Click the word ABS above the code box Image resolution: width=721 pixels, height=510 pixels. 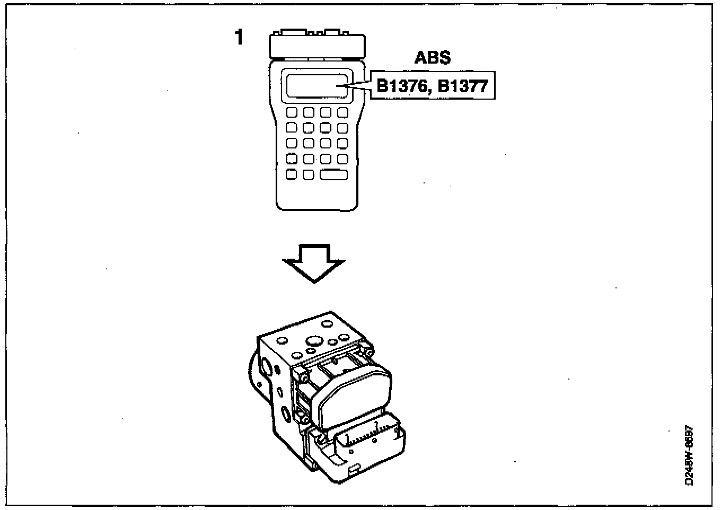click(x=433, y=57)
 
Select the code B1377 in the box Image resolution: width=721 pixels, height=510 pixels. click(x=463, y=85)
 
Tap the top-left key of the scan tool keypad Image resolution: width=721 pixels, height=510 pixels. click(x=292, y=113)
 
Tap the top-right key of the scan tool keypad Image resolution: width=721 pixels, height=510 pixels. click(x=342, y=113)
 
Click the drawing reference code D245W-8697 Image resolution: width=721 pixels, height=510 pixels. click(x=690, y=456)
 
